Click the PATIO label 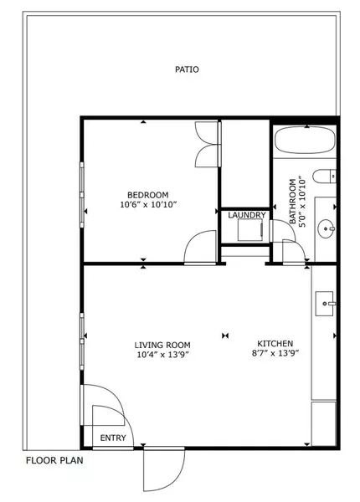(x=187, y=70)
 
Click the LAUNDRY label (x=247, y=215)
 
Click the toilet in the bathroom (x=325, y=176)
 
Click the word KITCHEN (x=275, y=344)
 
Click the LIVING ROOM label (x=162, y=344)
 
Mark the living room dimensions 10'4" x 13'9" (x=162, y=355)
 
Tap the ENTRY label (x=113, y=438)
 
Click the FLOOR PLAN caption (x=54, y=460)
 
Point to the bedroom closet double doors (x=206, y=143)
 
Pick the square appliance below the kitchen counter (x=323, y=423)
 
